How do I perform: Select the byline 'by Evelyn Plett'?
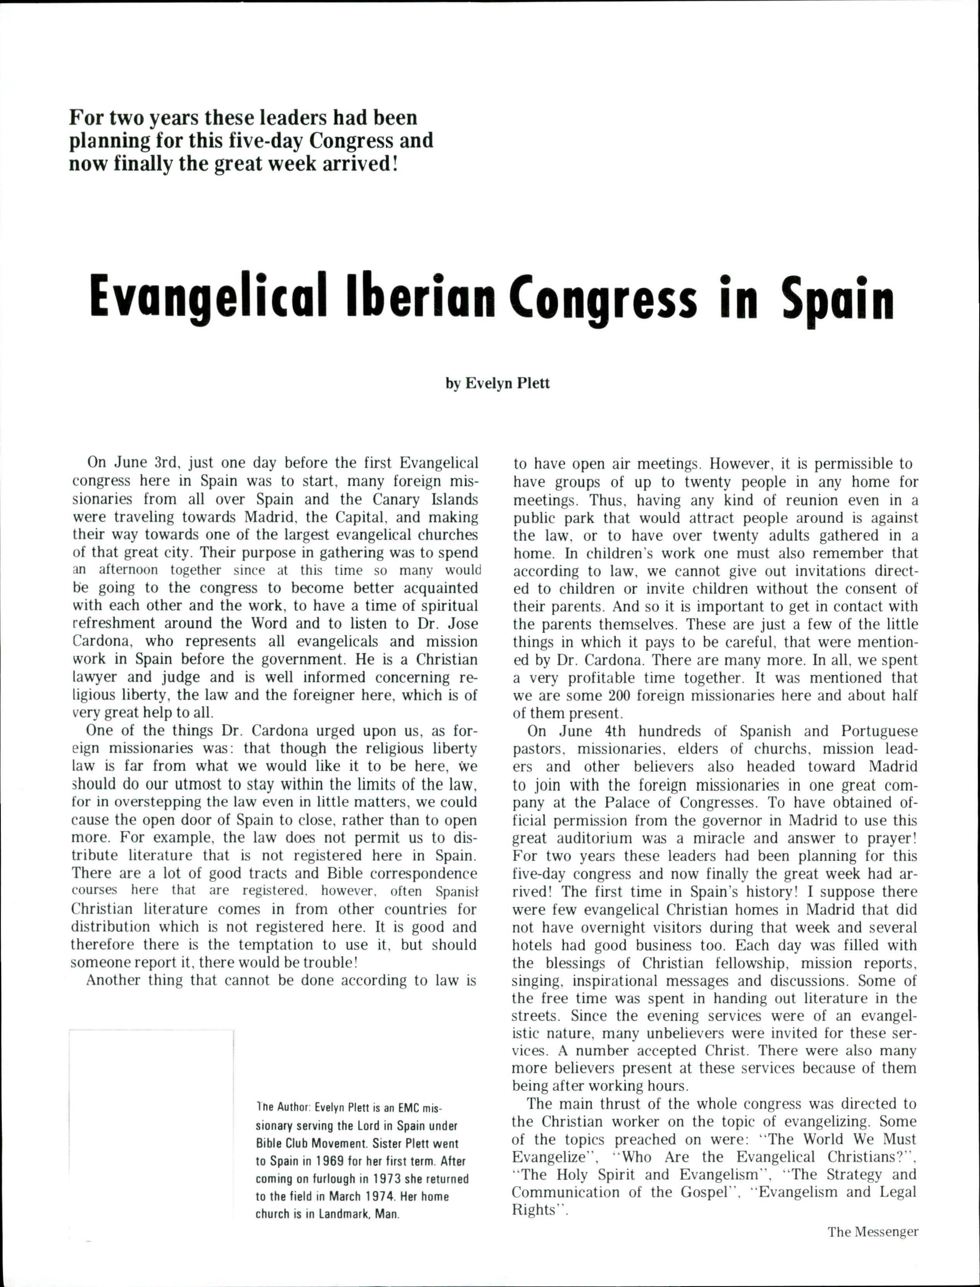coord(498,384)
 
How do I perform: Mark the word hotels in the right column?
coord(532,945)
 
